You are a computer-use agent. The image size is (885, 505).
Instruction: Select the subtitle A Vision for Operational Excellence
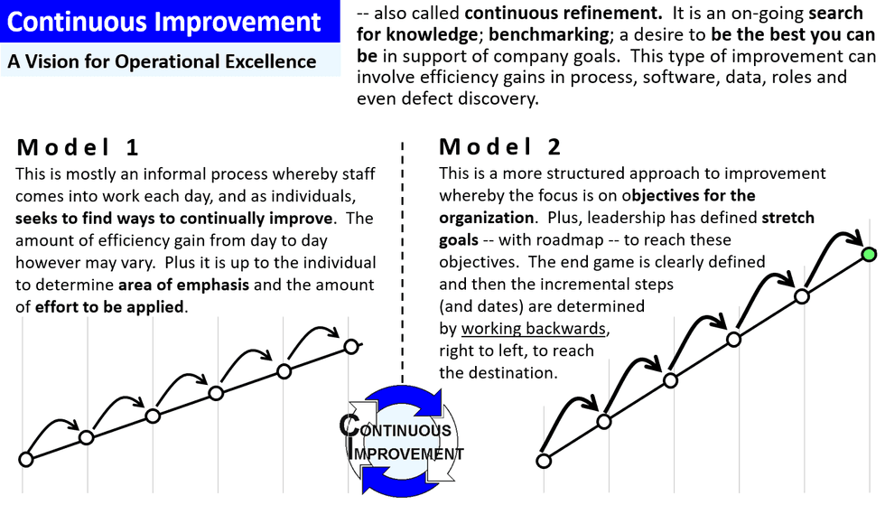(x=163, y=61)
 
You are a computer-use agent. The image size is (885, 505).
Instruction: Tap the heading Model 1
(x=78, y=147)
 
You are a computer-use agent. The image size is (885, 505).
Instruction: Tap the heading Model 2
(x=500, y=147)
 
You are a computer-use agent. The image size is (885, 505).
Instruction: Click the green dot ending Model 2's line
(x=869, y=254)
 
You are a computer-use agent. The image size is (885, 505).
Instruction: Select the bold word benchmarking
(x=545, y=35)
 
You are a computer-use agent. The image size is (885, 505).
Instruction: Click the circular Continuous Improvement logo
(x=402, y=439)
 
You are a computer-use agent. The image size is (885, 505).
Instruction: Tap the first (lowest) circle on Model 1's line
(x=26, y=460)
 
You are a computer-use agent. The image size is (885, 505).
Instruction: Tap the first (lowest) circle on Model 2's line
(x=544, y=461)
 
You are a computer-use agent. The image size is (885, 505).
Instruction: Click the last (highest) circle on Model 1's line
(x=351, y=346)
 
